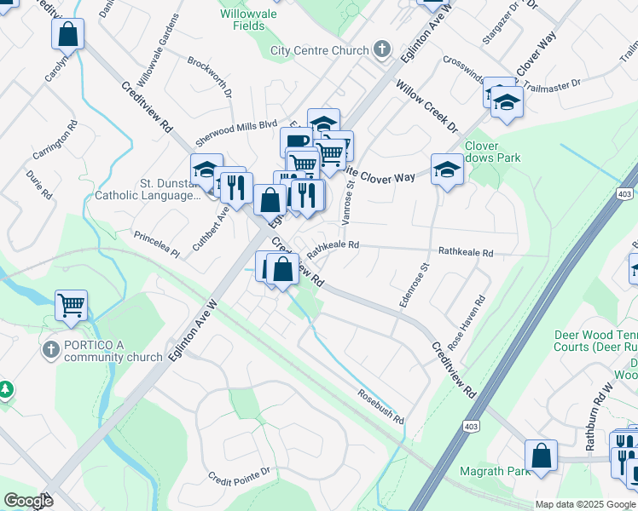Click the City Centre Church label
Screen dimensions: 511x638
pos(319,50)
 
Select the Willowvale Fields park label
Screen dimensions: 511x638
pos(242,20)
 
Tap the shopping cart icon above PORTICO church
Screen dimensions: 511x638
pos(72,305)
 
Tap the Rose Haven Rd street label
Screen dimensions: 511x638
pos(479,319)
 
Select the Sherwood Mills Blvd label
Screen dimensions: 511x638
pos(238,123)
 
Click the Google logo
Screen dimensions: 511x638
pos(28,501)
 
